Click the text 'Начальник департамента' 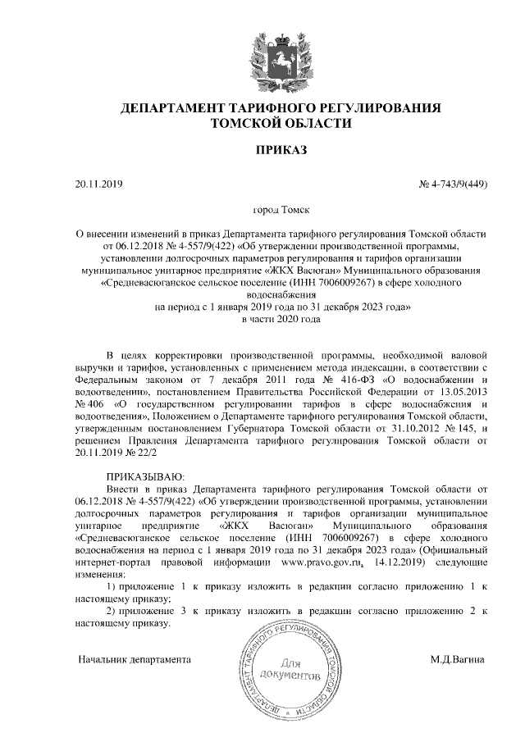(x=135, y=658)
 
